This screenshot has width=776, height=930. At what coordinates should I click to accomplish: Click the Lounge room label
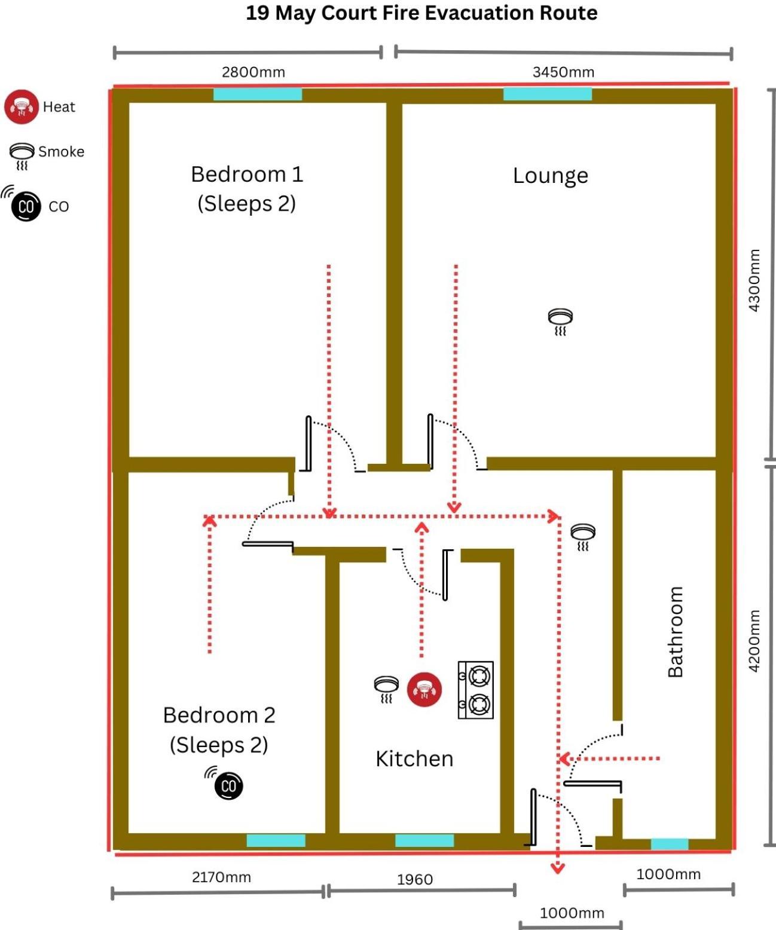(551, 176)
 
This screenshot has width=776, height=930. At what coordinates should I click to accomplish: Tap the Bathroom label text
(676, 632)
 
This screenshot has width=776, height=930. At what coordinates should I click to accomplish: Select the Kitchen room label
(414, 758)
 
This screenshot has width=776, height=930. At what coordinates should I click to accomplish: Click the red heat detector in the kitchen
(424, 690)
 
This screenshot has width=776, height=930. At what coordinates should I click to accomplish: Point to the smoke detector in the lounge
(560, 322)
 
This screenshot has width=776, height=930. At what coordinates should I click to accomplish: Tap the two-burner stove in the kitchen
(476, 690)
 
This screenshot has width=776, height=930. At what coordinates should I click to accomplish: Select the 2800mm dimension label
(253, 72)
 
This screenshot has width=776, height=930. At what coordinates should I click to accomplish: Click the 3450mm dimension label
(564, 72)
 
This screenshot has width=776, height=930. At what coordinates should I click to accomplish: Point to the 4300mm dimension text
(754, 280)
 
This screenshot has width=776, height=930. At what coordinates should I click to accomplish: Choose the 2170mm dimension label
(221, 877)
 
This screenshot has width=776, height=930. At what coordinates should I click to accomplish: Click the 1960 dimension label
(415, 879)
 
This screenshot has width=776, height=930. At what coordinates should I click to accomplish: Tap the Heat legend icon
(22, 107)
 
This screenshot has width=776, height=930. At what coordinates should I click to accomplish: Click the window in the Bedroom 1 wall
(258, 94)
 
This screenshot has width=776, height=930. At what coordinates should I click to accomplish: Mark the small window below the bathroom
(670, 844)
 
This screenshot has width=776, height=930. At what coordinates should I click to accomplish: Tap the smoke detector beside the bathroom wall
(583, 537)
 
